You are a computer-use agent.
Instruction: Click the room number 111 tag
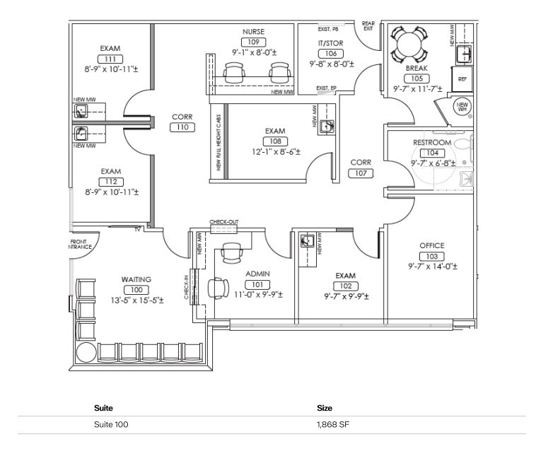point(110,59)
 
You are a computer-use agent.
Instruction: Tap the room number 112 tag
point(110,182)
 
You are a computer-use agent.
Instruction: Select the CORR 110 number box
point(182,127)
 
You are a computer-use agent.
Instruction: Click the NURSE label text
point(253,32)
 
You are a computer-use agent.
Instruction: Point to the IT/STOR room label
point(330,43)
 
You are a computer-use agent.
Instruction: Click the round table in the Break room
point(409,45)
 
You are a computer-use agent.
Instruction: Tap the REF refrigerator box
point(462,79)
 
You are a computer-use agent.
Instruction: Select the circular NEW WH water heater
point(462,107)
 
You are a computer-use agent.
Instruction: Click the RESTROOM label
point(431,143)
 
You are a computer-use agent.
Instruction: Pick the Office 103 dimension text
point(432,267)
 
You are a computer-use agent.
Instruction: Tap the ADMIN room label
point(257,274)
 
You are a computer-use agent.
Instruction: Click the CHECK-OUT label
point(224,222)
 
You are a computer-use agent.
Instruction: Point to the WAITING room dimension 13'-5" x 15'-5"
point(136,300)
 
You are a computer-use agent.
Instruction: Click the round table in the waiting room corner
point(86,353)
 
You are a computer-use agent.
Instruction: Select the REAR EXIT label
point(368,25)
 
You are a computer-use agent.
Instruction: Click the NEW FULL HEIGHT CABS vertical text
point(219,142)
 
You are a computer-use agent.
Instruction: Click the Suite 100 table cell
point(111,425)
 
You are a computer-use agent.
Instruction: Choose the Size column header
point(325,408)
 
